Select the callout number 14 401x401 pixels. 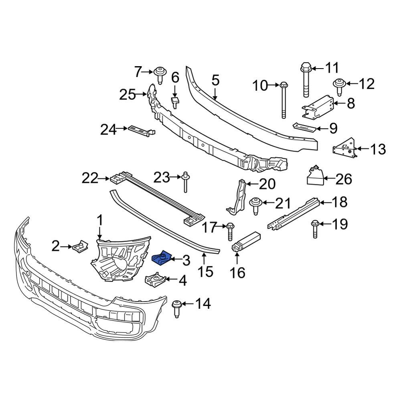[x=203, y=304]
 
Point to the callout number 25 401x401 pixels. [x=128, y=95]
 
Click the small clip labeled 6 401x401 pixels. [x=175, y=102]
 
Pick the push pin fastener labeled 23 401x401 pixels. [x=186, y=182]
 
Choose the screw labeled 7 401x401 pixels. [x=159, y=75]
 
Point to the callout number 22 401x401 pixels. [x=90, y=178]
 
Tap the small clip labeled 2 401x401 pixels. [x=80, y=245]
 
